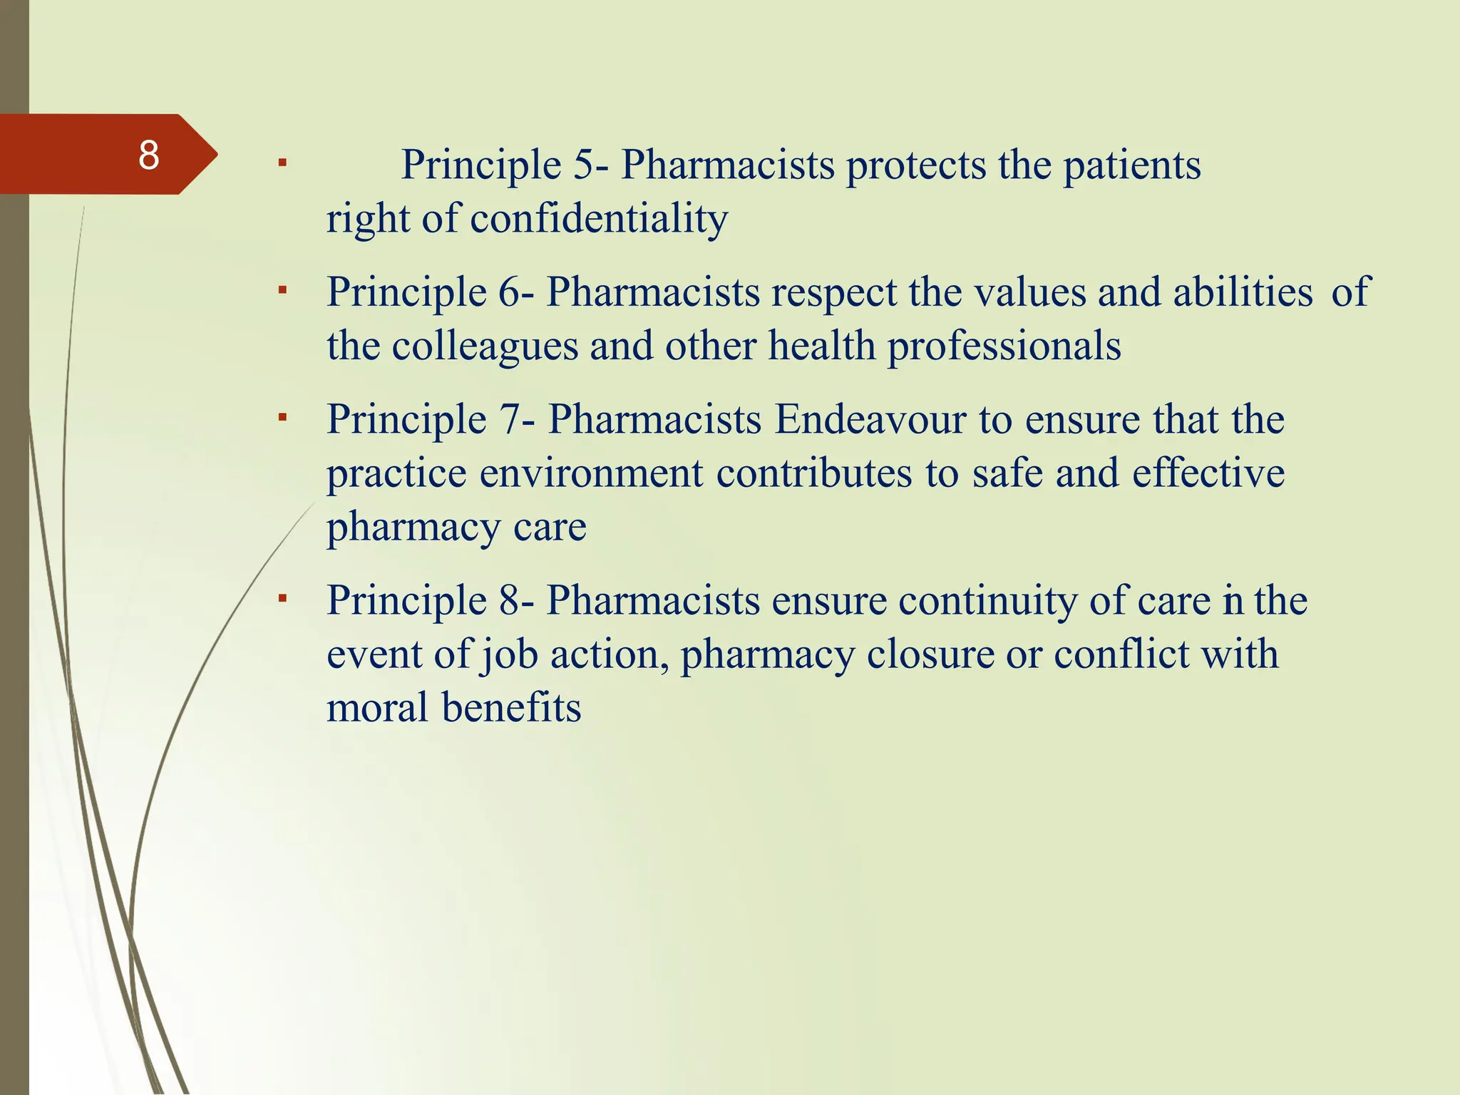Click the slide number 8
click(x=148, y=155)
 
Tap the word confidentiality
click(x=599, y=218)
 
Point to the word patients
click(x=1131, y=165)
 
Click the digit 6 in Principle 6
click(x=509, y=292)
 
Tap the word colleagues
click(x=484, y=347)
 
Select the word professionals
click(x=1004, y=347)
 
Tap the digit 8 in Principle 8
click(x=509, y=600)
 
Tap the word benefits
click(x=511, y=708)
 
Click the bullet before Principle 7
click(x=282, y=416)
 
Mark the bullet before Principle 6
click(x=282, y=290)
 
